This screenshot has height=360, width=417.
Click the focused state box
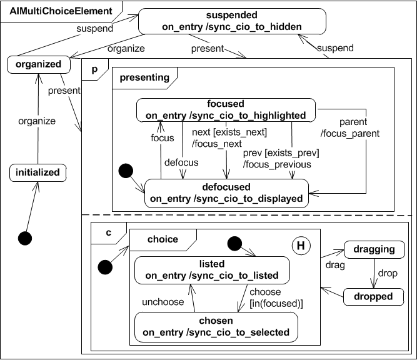coord(226,109)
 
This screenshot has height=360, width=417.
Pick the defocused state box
coord(227,193)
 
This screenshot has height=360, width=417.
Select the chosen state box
coord(216,326)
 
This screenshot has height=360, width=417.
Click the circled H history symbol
coord(300,246)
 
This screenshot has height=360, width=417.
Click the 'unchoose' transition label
coord(164,302)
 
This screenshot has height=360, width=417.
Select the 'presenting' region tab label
coord(144,77)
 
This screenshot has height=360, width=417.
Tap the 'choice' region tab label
coord(163,239)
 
